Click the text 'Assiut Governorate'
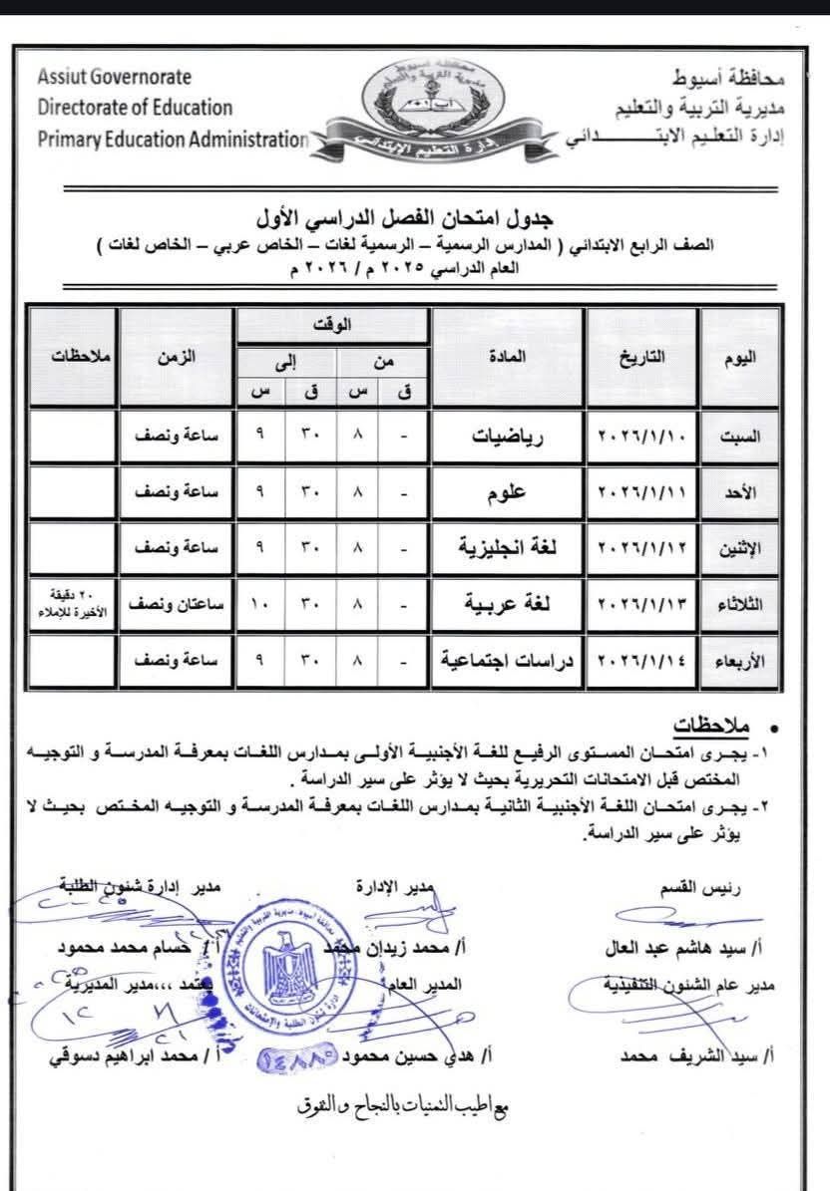[x=115, y=77]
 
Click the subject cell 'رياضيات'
[x=508, y=437]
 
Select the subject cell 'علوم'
[x=508, y=492]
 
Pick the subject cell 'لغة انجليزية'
[x=508, y=547]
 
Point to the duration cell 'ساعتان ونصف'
[x=176, y=604]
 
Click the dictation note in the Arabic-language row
[x=72, y=604]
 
